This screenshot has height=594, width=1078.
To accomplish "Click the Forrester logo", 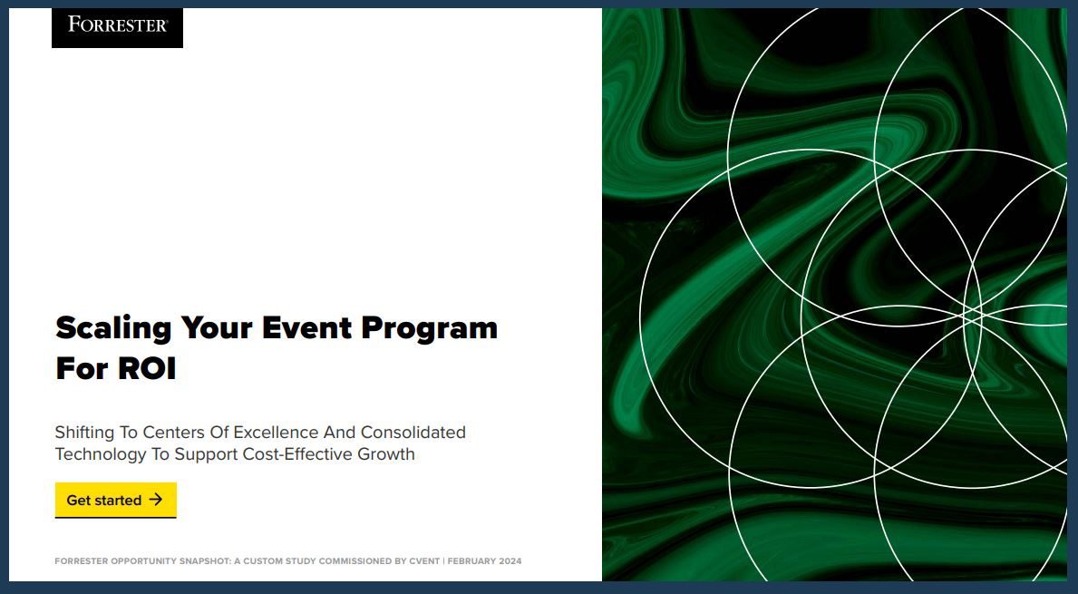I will pos(117,25).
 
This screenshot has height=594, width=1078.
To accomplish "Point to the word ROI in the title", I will pos(146,369).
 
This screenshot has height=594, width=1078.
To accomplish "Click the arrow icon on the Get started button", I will pos(156,500).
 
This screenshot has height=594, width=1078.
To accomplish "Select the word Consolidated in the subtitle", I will pos(413,432).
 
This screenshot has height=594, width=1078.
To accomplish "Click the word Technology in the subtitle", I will pos(101,454).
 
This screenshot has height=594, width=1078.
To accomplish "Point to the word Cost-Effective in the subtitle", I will pos(297,454).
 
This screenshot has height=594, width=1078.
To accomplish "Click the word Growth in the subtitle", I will pos(386,454).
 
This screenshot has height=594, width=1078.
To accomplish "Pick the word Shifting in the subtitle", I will pos(83,432).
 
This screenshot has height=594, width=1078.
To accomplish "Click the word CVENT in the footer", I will pos(424,561).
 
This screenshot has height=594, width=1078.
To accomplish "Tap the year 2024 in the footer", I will pos(510,561).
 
